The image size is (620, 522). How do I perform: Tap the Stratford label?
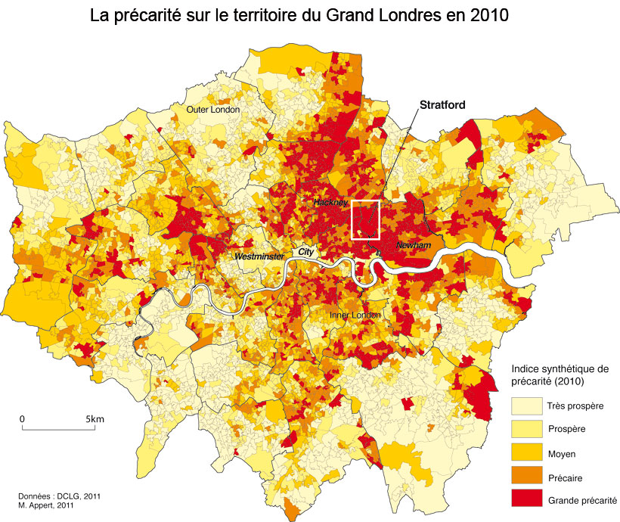(442, 105)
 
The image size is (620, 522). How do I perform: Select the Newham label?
(414, 247)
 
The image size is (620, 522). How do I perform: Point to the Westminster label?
(259, 257)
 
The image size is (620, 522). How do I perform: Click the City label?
(305, 251)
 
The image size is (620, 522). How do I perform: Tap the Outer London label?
(213, 110)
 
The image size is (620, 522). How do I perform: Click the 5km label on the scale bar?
(95, 418)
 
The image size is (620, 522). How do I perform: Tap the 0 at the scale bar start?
(22, 418)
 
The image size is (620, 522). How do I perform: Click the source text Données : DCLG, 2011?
(59, 496)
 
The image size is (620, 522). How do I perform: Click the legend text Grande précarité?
(582, 500)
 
